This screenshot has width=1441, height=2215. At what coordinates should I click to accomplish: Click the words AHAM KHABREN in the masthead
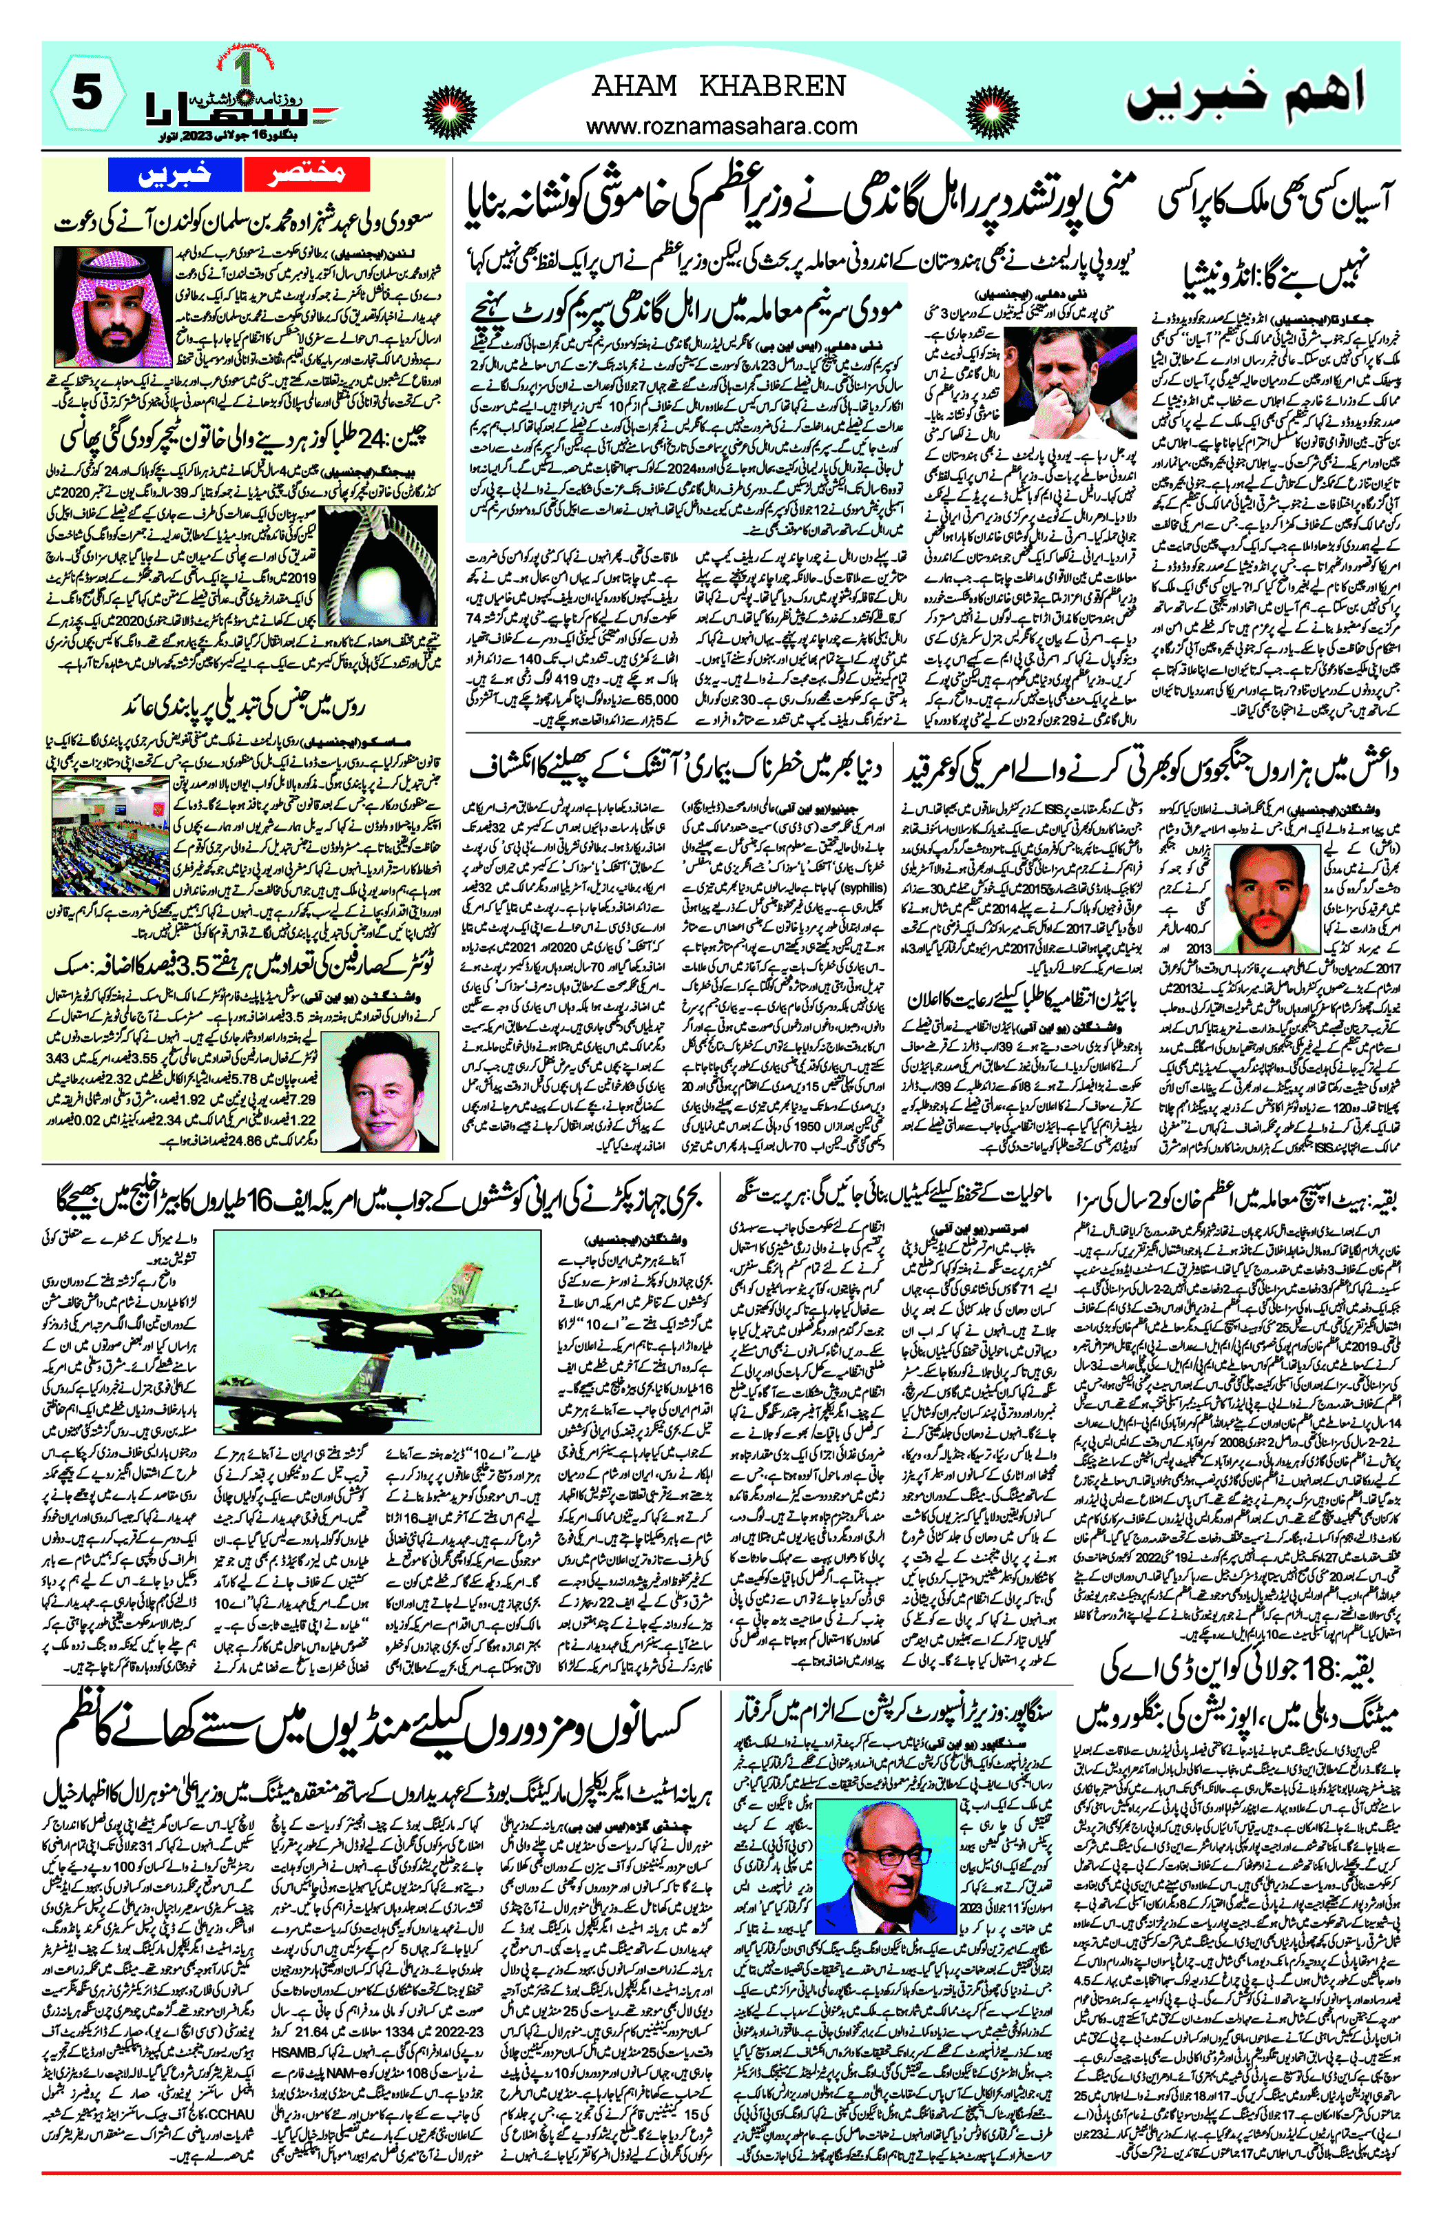point(720,87)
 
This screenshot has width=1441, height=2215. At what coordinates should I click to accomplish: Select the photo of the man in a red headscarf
point(114,306)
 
